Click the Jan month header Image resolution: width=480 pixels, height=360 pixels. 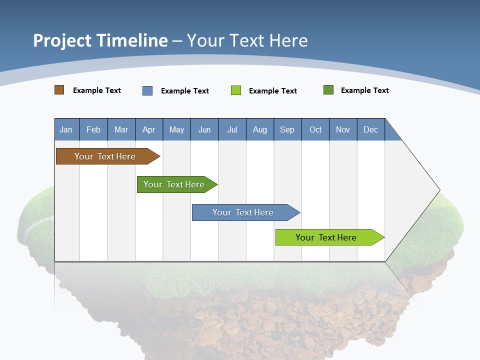[x=66, y=129]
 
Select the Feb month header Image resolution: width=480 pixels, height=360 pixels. [x=93, y=129]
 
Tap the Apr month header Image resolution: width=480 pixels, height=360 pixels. [x=149, y=129]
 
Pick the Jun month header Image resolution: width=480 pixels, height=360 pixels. [x=204, y=129]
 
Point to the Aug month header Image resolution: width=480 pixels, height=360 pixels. [x=260, y=129]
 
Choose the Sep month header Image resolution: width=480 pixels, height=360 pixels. [x=287, y=129]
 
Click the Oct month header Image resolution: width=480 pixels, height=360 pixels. [x=315, y=129]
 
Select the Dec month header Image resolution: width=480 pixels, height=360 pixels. [x=371, y=129]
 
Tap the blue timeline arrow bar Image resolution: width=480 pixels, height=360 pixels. [x=243, y=212]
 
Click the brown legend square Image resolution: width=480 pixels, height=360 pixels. [x=59, y=90]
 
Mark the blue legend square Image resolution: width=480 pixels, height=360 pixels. [x=147, y=90]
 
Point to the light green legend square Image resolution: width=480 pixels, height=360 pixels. [x=236, y=90]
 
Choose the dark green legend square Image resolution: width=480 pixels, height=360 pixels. [x=328, y=90]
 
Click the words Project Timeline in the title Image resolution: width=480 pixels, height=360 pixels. [x=100, y=40]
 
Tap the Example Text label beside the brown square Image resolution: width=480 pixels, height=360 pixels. [x=97, y=90]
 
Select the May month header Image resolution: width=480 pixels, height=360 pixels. [x=176, y=129]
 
